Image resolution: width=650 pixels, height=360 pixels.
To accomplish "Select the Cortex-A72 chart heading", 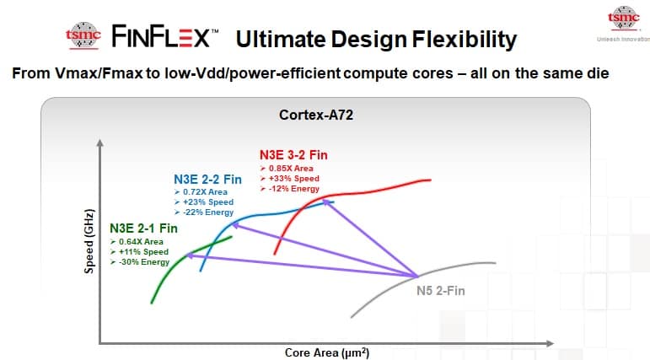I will click(x=316, y=114).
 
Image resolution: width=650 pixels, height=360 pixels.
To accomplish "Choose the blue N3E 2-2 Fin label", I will click(x=207, y=180).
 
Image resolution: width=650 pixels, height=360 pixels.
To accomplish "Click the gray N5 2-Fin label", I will click(x=441, y=291).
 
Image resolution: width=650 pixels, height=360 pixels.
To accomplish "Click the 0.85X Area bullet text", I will click(x=291, y=169).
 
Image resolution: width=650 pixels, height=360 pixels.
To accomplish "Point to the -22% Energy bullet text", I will click(x=207, y=212).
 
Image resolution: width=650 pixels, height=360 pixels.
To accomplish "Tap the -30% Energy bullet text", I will click(x=143, y=261).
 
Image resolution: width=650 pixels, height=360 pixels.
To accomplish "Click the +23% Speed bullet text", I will click(x=207, y=202).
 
